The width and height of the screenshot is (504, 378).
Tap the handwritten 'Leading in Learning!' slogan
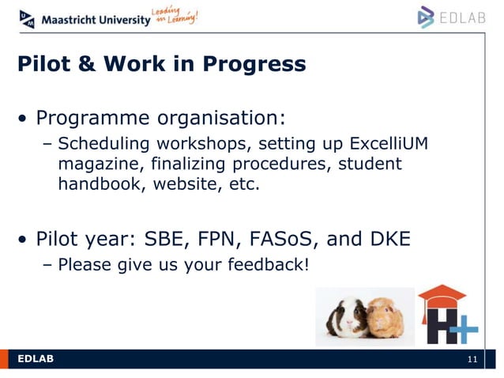(175, 16)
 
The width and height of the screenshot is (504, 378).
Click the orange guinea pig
(385, 317)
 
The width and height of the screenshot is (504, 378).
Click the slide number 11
(472, 361)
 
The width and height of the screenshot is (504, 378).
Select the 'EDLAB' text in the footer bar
(36, 360)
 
